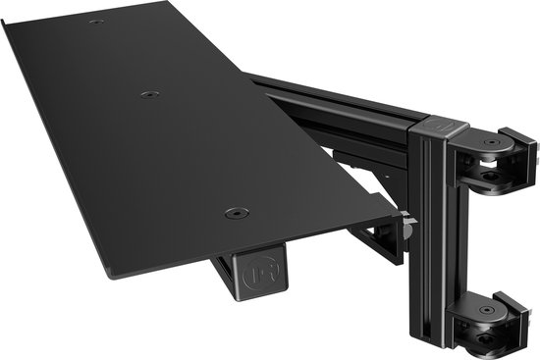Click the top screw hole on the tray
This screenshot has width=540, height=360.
(x=95, y=21)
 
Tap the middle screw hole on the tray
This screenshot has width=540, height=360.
(x=149, y=94)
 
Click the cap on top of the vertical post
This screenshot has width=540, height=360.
(x=434, y=127)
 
